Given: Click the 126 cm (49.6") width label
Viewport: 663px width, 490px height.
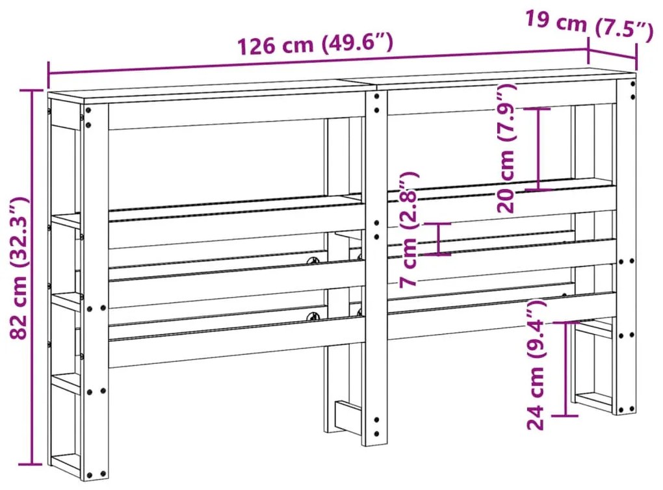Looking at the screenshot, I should click(x=316, y=45).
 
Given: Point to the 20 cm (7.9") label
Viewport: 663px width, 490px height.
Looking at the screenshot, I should click(x=508, y=149).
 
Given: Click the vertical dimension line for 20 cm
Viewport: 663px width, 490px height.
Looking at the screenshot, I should click(x=539, y=149).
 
